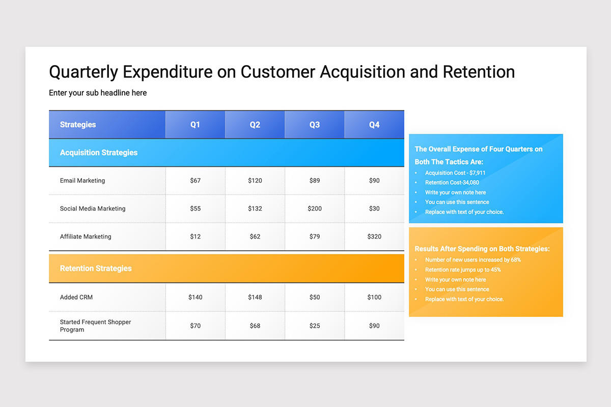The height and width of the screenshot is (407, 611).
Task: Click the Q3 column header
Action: [x=315, y=125]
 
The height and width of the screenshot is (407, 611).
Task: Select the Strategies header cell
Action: [x=78, y=125]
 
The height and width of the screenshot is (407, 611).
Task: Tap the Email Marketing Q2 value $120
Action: [x=255, y=181]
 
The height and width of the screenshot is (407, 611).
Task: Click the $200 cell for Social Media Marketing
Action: [x=315, y=209]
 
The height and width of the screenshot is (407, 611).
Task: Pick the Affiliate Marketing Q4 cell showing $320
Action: [x=374, y=237]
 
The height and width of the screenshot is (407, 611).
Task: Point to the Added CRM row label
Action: [x=76, y=297]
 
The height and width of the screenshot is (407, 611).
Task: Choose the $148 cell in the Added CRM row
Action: [x=255, y=297]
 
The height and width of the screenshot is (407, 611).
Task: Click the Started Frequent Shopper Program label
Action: [x=95, y=326]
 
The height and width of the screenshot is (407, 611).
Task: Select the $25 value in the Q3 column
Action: [x=315, y=326]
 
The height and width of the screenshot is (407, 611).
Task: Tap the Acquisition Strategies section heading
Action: [x=99, y=153]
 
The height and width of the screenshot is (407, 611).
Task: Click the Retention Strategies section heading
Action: [x=96, y=269]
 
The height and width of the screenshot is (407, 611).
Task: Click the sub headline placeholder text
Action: [x=98, y=93]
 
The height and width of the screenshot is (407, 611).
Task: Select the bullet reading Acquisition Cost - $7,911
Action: [x=455, y=173]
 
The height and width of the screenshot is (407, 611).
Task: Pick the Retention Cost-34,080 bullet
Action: [x=452, y=183]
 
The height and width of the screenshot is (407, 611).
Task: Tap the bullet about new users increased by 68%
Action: [x=473, y=260]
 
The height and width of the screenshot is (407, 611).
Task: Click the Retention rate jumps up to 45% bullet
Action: [x=463, y=270]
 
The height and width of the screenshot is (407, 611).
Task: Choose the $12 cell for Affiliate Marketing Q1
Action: [x=196, y=237]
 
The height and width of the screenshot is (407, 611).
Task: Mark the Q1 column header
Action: [x=196, y=125]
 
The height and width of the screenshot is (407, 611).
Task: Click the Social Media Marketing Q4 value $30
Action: [x=374, y=209]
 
